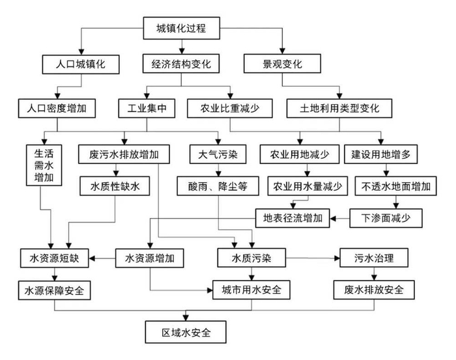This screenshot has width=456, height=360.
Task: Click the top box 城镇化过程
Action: [180, 27]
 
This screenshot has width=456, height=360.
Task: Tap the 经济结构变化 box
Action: [180, 64]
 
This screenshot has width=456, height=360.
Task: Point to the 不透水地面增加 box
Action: [396, 186]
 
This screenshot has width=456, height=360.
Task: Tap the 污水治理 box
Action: [373, 258]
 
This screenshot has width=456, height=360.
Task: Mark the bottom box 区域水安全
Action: [185, 332]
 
